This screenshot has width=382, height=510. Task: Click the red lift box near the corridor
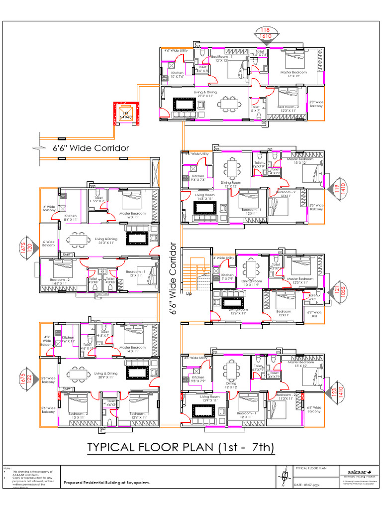point(125,114)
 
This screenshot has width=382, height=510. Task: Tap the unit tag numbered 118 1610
point(265,33)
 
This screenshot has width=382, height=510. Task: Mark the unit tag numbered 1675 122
point(26,379)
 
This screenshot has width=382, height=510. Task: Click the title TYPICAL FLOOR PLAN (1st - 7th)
point(181,447)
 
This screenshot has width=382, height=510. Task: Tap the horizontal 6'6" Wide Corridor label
point(91,148)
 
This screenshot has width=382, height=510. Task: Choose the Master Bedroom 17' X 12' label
point(293,74)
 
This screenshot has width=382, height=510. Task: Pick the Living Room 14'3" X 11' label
point(204,197)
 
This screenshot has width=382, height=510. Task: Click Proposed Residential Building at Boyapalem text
point(106,483)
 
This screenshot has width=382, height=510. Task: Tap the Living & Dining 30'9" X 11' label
point(105,375)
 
